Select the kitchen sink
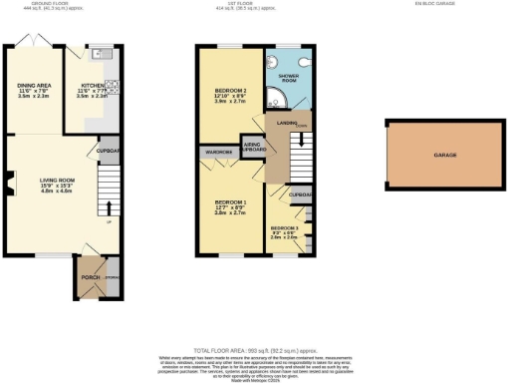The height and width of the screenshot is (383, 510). coord(101,54)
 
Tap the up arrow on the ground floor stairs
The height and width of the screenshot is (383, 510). coord(108,208)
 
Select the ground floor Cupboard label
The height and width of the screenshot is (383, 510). coord(109,152)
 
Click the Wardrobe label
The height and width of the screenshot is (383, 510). coord(216,152)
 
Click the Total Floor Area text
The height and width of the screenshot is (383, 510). coord(256,352)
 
